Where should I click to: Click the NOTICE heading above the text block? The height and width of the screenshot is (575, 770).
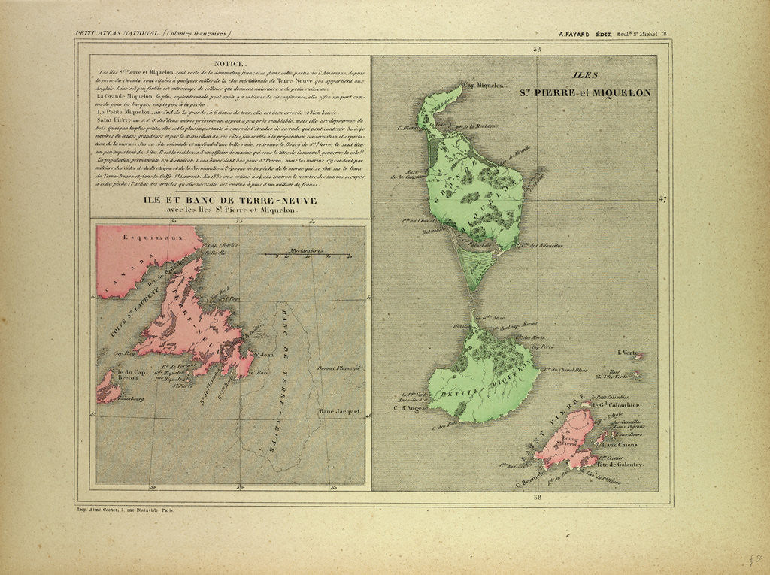coord(229,64)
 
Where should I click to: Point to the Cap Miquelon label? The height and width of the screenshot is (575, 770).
coord(488,86)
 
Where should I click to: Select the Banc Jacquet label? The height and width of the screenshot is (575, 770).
coord(338,411)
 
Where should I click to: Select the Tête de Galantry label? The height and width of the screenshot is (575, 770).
coord(621,465)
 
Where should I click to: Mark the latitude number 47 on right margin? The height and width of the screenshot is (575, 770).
coord(662,200)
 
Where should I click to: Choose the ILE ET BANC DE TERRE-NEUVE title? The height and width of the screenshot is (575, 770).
coord(231,201)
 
